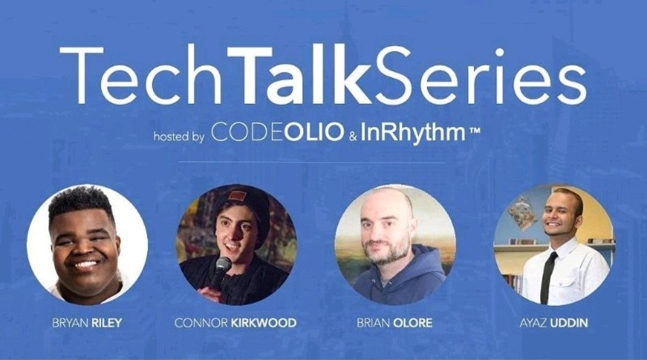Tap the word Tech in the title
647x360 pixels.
(141, 76)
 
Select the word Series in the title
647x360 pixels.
(478, 76)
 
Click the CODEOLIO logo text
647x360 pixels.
(277, 132)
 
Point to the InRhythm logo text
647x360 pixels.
(413, 134)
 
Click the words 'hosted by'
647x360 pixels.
(179, 136)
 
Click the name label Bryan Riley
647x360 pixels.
(87, 322)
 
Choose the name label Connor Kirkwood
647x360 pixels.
(235, 322)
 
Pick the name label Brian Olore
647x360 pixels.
(394, 322)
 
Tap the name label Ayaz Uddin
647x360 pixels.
(554, 322)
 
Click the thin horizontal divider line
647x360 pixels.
(312, 162)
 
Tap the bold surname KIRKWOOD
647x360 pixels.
(263, 322)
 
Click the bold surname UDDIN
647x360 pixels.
(569, 322)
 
